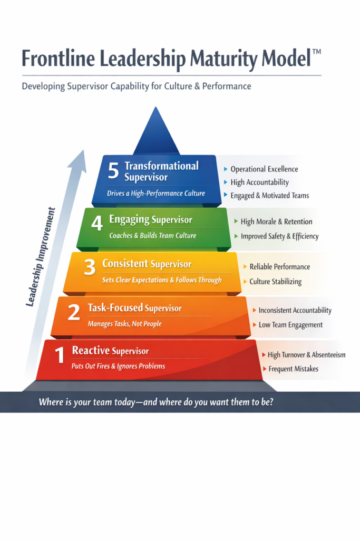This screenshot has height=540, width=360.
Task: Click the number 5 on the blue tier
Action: (113, 171)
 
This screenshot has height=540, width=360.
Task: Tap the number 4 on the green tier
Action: (96, 224)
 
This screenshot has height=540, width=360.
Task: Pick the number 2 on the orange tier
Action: (74, 313)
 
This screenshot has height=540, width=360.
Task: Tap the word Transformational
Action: (161, 166)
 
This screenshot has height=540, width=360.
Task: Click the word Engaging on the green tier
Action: (129, 220)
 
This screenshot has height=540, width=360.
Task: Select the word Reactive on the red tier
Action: (91, 351)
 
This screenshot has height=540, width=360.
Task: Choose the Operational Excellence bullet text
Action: (264, 169)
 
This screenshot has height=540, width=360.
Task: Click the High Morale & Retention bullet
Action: (276, 221)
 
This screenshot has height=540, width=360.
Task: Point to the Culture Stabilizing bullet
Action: (275, 282)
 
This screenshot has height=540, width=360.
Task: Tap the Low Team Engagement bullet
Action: (291, 325)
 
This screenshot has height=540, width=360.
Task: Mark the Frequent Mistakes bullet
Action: (293, 369)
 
